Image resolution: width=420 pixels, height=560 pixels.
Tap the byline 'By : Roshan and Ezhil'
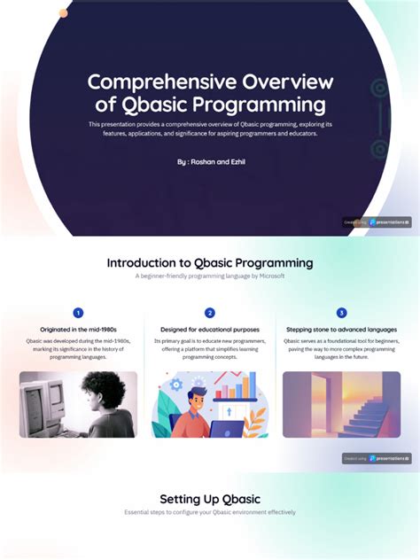tap(210, 163)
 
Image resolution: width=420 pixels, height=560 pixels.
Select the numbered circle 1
tap(78, 313)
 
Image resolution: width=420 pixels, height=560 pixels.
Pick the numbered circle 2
tap(210, 313)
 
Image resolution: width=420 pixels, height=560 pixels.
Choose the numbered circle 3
tap(341, 313)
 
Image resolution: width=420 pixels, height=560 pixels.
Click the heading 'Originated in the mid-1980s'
tap(78, 330)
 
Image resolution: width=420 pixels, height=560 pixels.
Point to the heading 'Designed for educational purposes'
tap(210, 330)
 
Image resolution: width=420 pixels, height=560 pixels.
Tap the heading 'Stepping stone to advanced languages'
tap(341, 330)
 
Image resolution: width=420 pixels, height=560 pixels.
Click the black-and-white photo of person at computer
tap(78, 404)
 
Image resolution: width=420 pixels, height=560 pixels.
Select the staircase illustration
tap(341, 404)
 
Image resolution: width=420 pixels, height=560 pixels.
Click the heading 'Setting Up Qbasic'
tap(210, 499)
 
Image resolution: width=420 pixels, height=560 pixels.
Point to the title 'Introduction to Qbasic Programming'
tap(210, 263)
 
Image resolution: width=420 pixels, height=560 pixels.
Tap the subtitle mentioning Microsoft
tap(210, 276)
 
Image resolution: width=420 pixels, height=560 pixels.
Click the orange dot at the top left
tap(63, 13)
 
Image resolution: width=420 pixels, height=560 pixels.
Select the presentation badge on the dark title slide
tap(377, 222)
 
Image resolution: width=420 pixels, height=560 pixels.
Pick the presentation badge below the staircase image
tap(377, 458)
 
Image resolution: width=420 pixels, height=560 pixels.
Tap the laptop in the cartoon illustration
tap(227, 429)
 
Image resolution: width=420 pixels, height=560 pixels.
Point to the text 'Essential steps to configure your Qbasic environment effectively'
tap(210, 512)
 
